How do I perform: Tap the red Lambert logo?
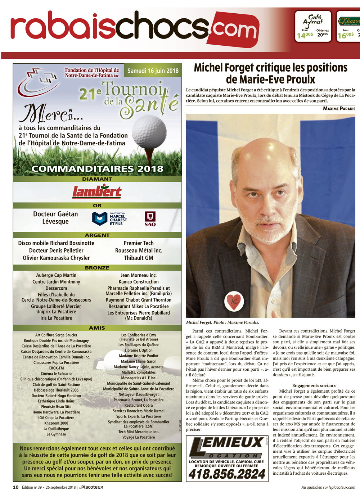97,192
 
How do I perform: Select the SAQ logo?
150,219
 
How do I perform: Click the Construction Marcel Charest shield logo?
100,218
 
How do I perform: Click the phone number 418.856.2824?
227,474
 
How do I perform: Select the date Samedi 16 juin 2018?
153,71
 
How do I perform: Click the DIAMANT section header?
97,179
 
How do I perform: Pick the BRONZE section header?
97,268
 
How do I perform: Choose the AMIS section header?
97,328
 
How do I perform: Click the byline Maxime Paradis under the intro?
339,108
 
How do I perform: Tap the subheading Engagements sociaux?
314,385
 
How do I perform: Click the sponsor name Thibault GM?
139,258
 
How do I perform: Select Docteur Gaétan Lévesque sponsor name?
55,218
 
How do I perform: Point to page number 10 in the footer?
16,487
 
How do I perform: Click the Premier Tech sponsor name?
139,243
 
